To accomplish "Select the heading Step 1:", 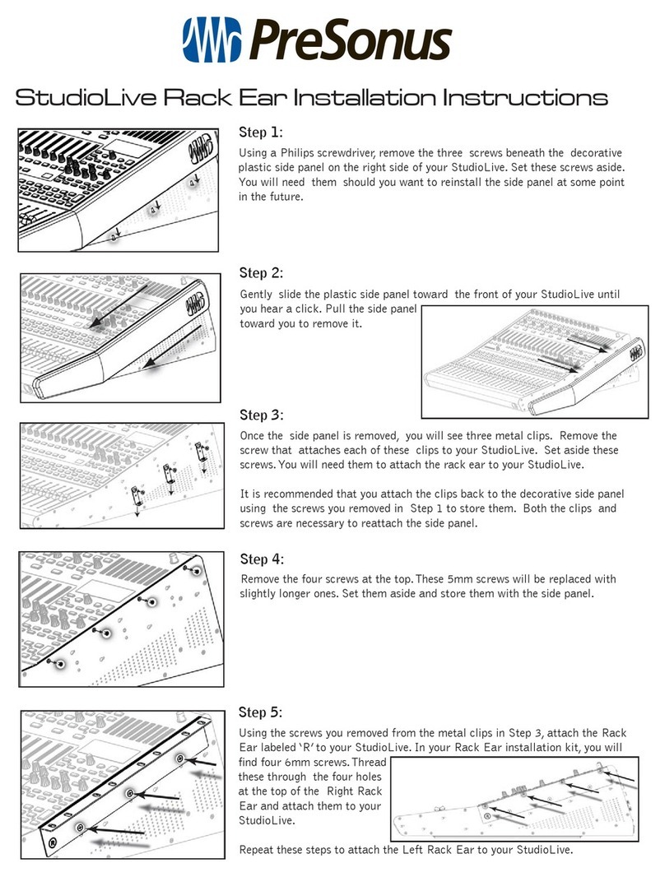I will click(x=260, y=132).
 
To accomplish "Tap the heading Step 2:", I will click(x=261, y=273).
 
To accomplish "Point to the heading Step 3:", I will click(x=261, y=414).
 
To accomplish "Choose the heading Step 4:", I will click(x=261, y=559).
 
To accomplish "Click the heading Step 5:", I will click(x=261, y=712).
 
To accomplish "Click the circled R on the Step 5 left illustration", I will click(x=53, y=843).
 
